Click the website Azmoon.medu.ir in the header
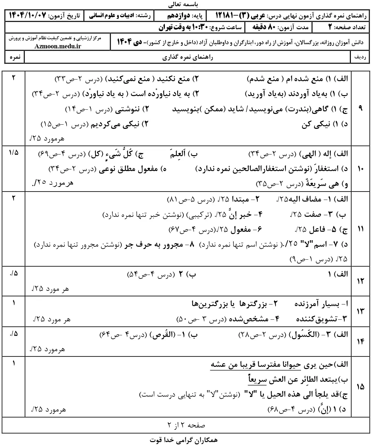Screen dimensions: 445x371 pyautogui.click(x=58, y=46)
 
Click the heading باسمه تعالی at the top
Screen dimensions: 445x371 pyautogui.click(x=185, y=5)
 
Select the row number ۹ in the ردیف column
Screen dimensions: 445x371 pyautogui.click(x=361, y=108)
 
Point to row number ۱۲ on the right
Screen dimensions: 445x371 pyautogui.click(x=361, y=281)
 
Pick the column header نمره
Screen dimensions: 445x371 pyautogui.click(x=15, y=57)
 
